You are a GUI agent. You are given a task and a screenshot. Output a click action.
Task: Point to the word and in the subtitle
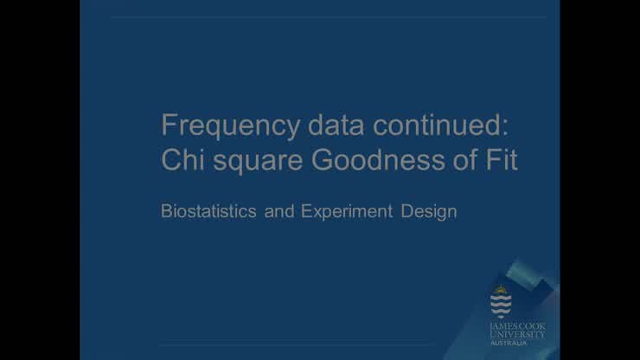279,211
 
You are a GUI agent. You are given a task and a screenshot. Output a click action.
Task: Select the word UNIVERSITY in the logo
517,333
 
